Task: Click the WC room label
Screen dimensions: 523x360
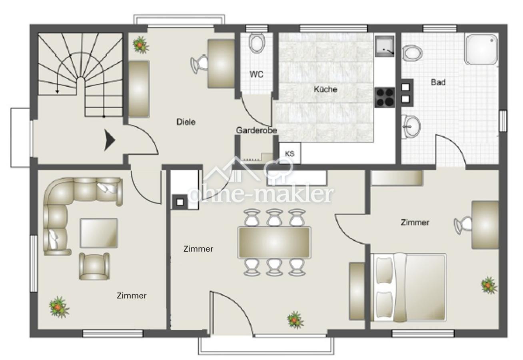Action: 256,74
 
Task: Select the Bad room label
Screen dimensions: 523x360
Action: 438,82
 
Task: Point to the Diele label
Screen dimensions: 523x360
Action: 186,122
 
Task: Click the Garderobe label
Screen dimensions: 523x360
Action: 256,130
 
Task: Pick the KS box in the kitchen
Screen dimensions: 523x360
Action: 290,154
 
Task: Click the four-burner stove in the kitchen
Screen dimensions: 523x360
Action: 385,98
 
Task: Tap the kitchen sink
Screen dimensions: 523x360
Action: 385,46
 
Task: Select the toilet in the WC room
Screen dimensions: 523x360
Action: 257,43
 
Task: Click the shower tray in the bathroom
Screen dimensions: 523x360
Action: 481,49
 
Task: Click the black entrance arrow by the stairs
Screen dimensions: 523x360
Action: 110,140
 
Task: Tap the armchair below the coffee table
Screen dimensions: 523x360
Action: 94,266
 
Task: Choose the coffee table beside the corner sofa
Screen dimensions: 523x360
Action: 99,233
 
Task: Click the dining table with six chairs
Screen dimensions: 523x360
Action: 274,242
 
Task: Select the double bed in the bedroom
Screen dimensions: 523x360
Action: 408,287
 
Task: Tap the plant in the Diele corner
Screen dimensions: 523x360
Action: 141,44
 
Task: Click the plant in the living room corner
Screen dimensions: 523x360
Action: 59,307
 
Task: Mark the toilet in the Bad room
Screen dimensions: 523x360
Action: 412,53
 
